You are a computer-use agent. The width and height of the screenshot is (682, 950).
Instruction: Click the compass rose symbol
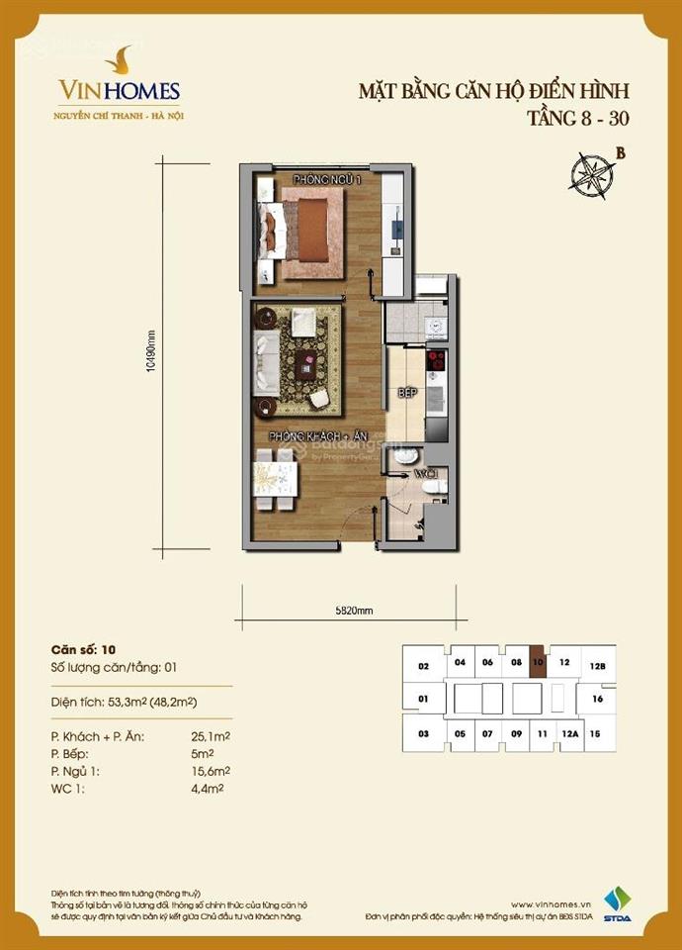(590, 173)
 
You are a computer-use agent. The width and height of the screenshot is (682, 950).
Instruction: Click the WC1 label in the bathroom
(424, 474)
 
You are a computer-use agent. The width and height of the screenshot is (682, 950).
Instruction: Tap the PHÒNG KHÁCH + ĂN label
(313, 436)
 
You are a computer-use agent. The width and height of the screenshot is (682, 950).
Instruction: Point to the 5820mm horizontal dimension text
(345, 611)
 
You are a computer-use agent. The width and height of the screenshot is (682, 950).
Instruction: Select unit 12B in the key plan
(597, 666)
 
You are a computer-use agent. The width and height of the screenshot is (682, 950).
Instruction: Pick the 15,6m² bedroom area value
(212, 770)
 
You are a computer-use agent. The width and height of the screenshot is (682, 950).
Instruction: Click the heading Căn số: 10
(83, 650)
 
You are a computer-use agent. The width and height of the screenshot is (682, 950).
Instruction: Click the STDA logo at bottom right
(618, 905)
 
